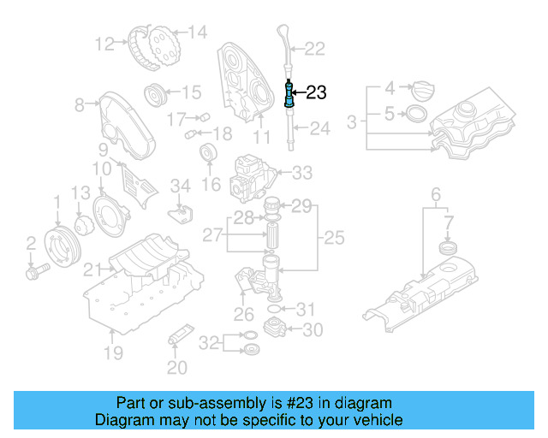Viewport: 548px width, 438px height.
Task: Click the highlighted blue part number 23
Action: pos(289,92)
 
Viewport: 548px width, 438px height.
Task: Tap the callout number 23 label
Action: pos(316,92)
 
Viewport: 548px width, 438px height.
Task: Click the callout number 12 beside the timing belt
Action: pos(104,43)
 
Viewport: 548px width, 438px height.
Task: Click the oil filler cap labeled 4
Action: pos(424,88)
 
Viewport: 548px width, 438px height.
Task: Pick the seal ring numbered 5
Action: pos(414,113)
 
